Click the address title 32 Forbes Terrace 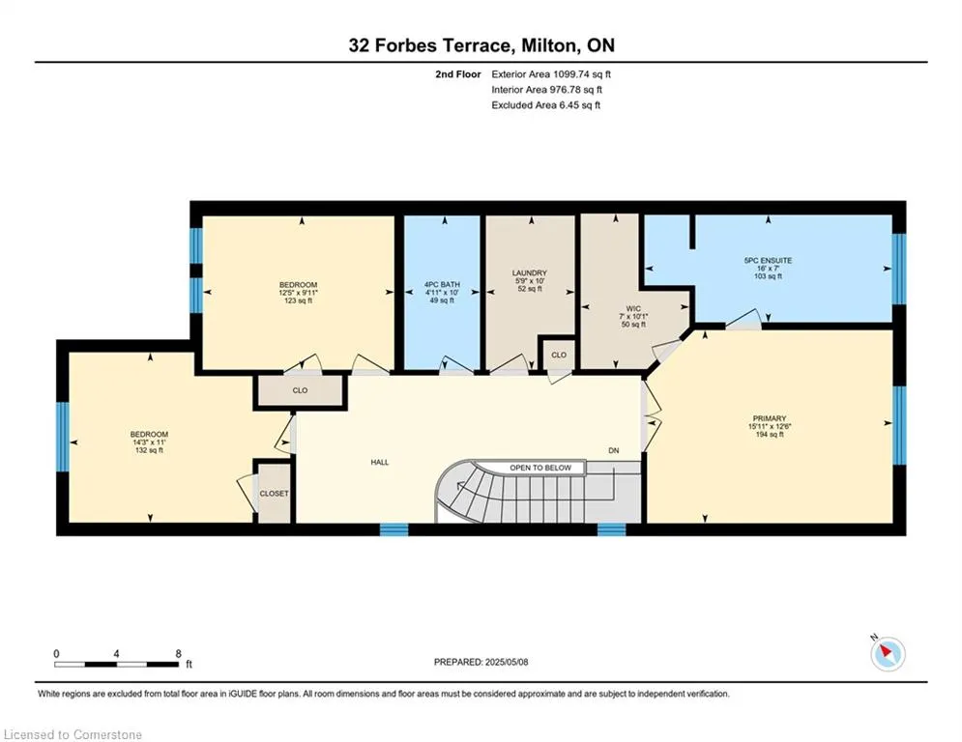tap(429, 45)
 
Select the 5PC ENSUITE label tap(768, 261)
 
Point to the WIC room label tap(633, 308)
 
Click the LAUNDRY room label tap(530, 272)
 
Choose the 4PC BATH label tap(442, 285)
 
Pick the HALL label tap(380, 463)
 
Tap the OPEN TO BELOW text tap(540, 468)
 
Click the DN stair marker tap(614, 451)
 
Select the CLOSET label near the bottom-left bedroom tap(274, 494)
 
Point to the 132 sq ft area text tap(149, 450)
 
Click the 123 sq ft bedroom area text tap(298, 300)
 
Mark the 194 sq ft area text tap(770, 434)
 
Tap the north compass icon tap(888, 654)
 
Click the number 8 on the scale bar tap(179, 654)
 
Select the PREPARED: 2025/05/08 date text tap(481, 662)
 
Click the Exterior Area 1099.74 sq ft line tap(551, 74)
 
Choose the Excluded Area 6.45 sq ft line tap(546, 105)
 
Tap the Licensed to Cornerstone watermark tap(73, 734)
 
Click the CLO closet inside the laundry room tap(558, 355)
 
